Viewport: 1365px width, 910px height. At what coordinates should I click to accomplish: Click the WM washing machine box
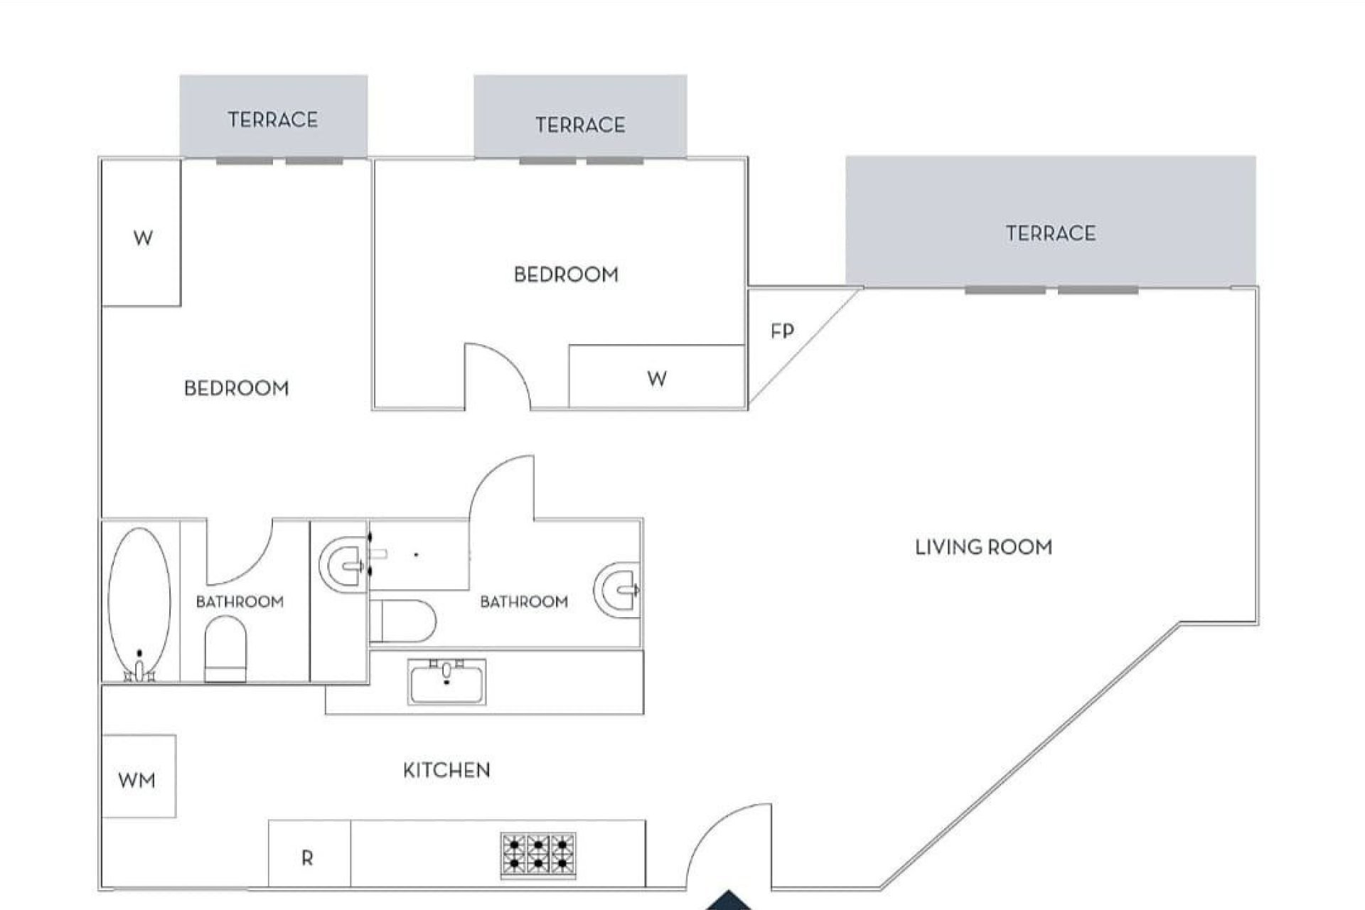(x=139, y=776)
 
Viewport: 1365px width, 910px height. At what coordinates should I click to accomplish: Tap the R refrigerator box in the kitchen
(x=309, y=855)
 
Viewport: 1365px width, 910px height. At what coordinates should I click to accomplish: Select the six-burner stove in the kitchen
(x=538, y=855)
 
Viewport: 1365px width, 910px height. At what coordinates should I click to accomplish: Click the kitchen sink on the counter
(x=446, y=681)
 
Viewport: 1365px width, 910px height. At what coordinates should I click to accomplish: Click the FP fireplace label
(x=782, y=331)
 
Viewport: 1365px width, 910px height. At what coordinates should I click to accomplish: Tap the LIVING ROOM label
(x=983, y=547)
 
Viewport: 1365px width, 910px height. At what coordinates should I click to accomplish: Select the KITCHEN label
(x=446, y=770)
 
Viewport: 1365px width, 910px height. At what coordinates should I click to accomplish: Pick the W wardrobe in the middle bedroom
(x=657, y=378)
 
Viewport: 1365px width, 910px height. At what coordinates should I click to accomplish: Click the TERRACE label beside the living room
(x=1050, y=233)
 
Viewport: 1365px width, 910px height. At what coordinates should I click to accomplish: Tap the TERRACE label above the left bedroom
(x=273, y=119)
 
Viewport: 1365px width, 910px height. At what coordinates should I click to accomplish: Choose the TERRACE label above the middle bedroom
(x=580, y=125)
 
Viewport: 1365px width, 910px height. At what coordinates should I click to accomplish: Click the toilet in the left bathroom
(x=225, y=647)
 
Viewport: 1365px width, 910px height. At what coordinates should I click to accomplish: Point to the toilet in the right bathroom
(x=402, y=621)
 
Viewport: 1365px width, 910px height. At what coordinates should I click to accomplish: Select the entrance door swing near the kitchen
(x=729, y=846)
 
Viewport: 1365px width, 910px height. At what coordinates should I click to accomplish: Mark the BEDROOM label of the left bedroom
(x=236, y=388)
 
